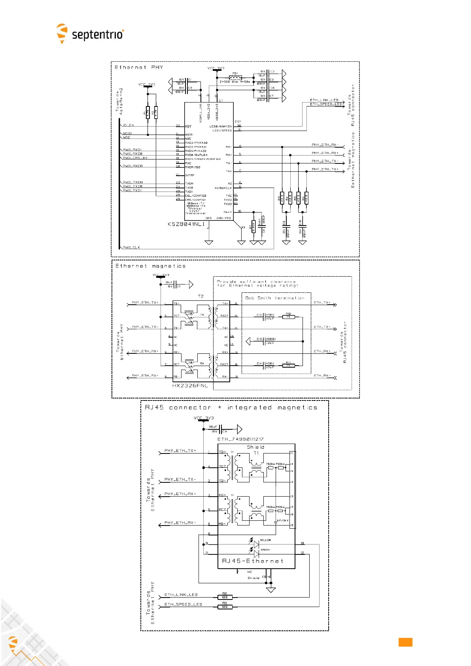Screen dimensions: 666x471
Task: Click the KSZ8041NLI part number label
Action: (186, 224)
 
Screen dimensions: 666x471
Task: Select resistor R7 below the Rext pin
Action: (253, 226)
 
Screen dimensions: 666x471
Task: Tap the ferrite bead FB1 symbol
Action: (235, 78)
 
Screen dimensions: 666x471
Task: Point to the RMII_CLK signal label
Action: (131, 247)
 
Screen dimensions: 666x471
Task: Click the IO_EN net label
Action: (128, 125)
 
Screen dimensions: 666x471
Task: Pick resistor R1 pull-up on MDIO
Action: (148, 112)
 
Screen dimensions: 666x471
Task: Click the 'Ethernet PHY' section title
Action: (139, 67)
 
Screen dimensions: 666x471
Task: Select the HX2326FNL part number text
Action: (190, 385)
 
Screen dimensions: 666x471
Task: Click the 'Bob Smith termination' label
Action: (275, 298)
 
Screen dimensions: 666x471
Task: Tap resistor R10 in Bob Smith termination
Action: (288, 317)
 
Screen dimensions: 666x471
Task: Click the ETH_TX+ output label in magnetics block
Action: (322, 303)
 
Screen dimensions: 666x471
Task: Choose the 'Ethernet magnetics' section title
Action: (150, 266)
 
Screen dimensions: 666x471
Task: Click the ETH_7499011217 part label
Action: (240, 439)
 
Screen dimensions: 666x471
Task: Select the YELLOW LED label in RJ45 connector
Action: (265, 540)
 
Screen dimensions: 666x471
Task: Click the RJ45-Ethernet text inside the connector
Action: (253, 561)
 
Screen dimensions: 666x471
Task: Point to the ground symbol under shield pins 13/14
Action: (271, 590)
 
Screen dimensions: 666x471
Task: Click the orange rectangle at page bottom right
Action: (405, 642)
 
